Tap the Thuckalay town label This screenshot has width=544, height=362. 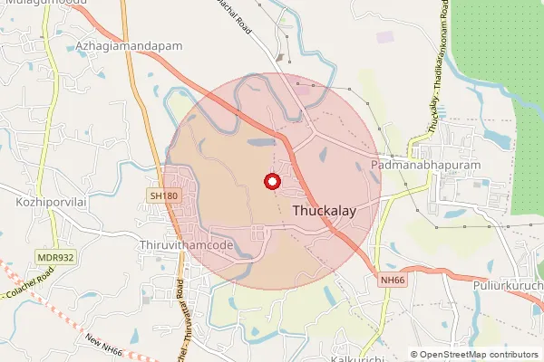tap(324, 210)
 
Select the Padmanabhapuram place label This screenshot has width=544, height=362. tap(425, 166)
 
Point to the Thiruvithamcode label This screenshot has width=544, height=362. tap(188, 245)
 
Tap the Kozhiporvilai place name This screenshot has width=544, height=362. tap(50, 202)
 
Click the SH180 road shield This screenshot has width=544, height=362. tap(163, 195)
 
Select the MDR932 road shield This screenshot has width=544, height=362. tap(55, 257)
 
